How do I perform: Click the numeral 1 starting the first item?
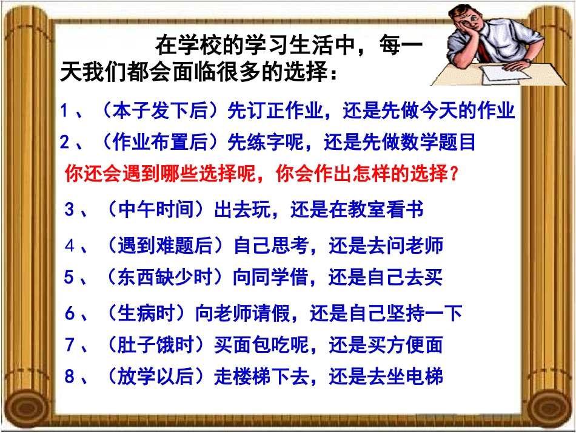click(x=65, y=111)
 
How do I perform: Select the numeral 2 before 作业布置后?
click(x=65, y=143)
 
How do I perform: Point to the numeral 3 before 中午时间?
click(x=69, y=211)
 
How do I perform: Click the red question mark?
click(x=453, y=175)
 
